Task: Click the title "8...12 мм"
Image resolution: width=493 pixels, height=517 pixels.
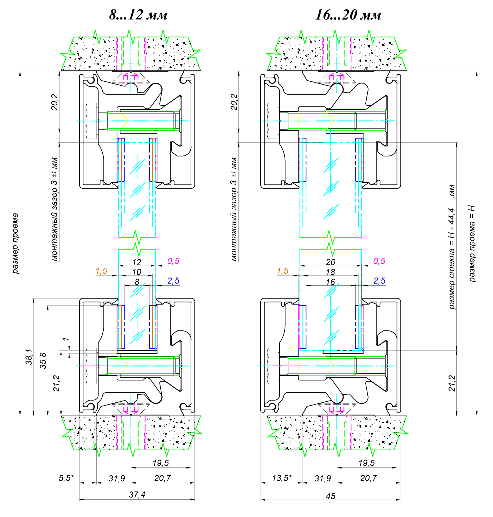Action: (138, 15)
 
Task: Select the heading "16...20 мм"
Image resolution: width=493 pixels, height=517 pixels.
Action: (348, 15)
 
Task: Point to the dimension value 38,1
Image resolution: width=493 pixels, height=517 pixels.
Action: (29, 357)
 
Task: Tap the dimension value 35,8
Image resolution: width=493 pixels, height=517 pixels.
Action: (43, 360)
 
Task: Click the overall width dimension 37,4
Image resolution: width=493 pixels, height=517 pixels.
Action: (137, 495)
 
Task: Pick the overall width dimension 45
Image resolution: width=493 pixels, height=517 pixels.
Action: (331, 496)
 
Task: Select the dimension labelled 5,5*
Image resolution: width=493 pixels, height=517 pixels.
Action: (66, 478)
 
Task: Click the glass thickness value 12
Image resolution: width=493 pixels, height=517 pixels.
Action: (137, 262)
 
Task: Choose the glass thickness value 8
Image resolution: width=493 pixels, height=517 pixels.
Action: (137, 282)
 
